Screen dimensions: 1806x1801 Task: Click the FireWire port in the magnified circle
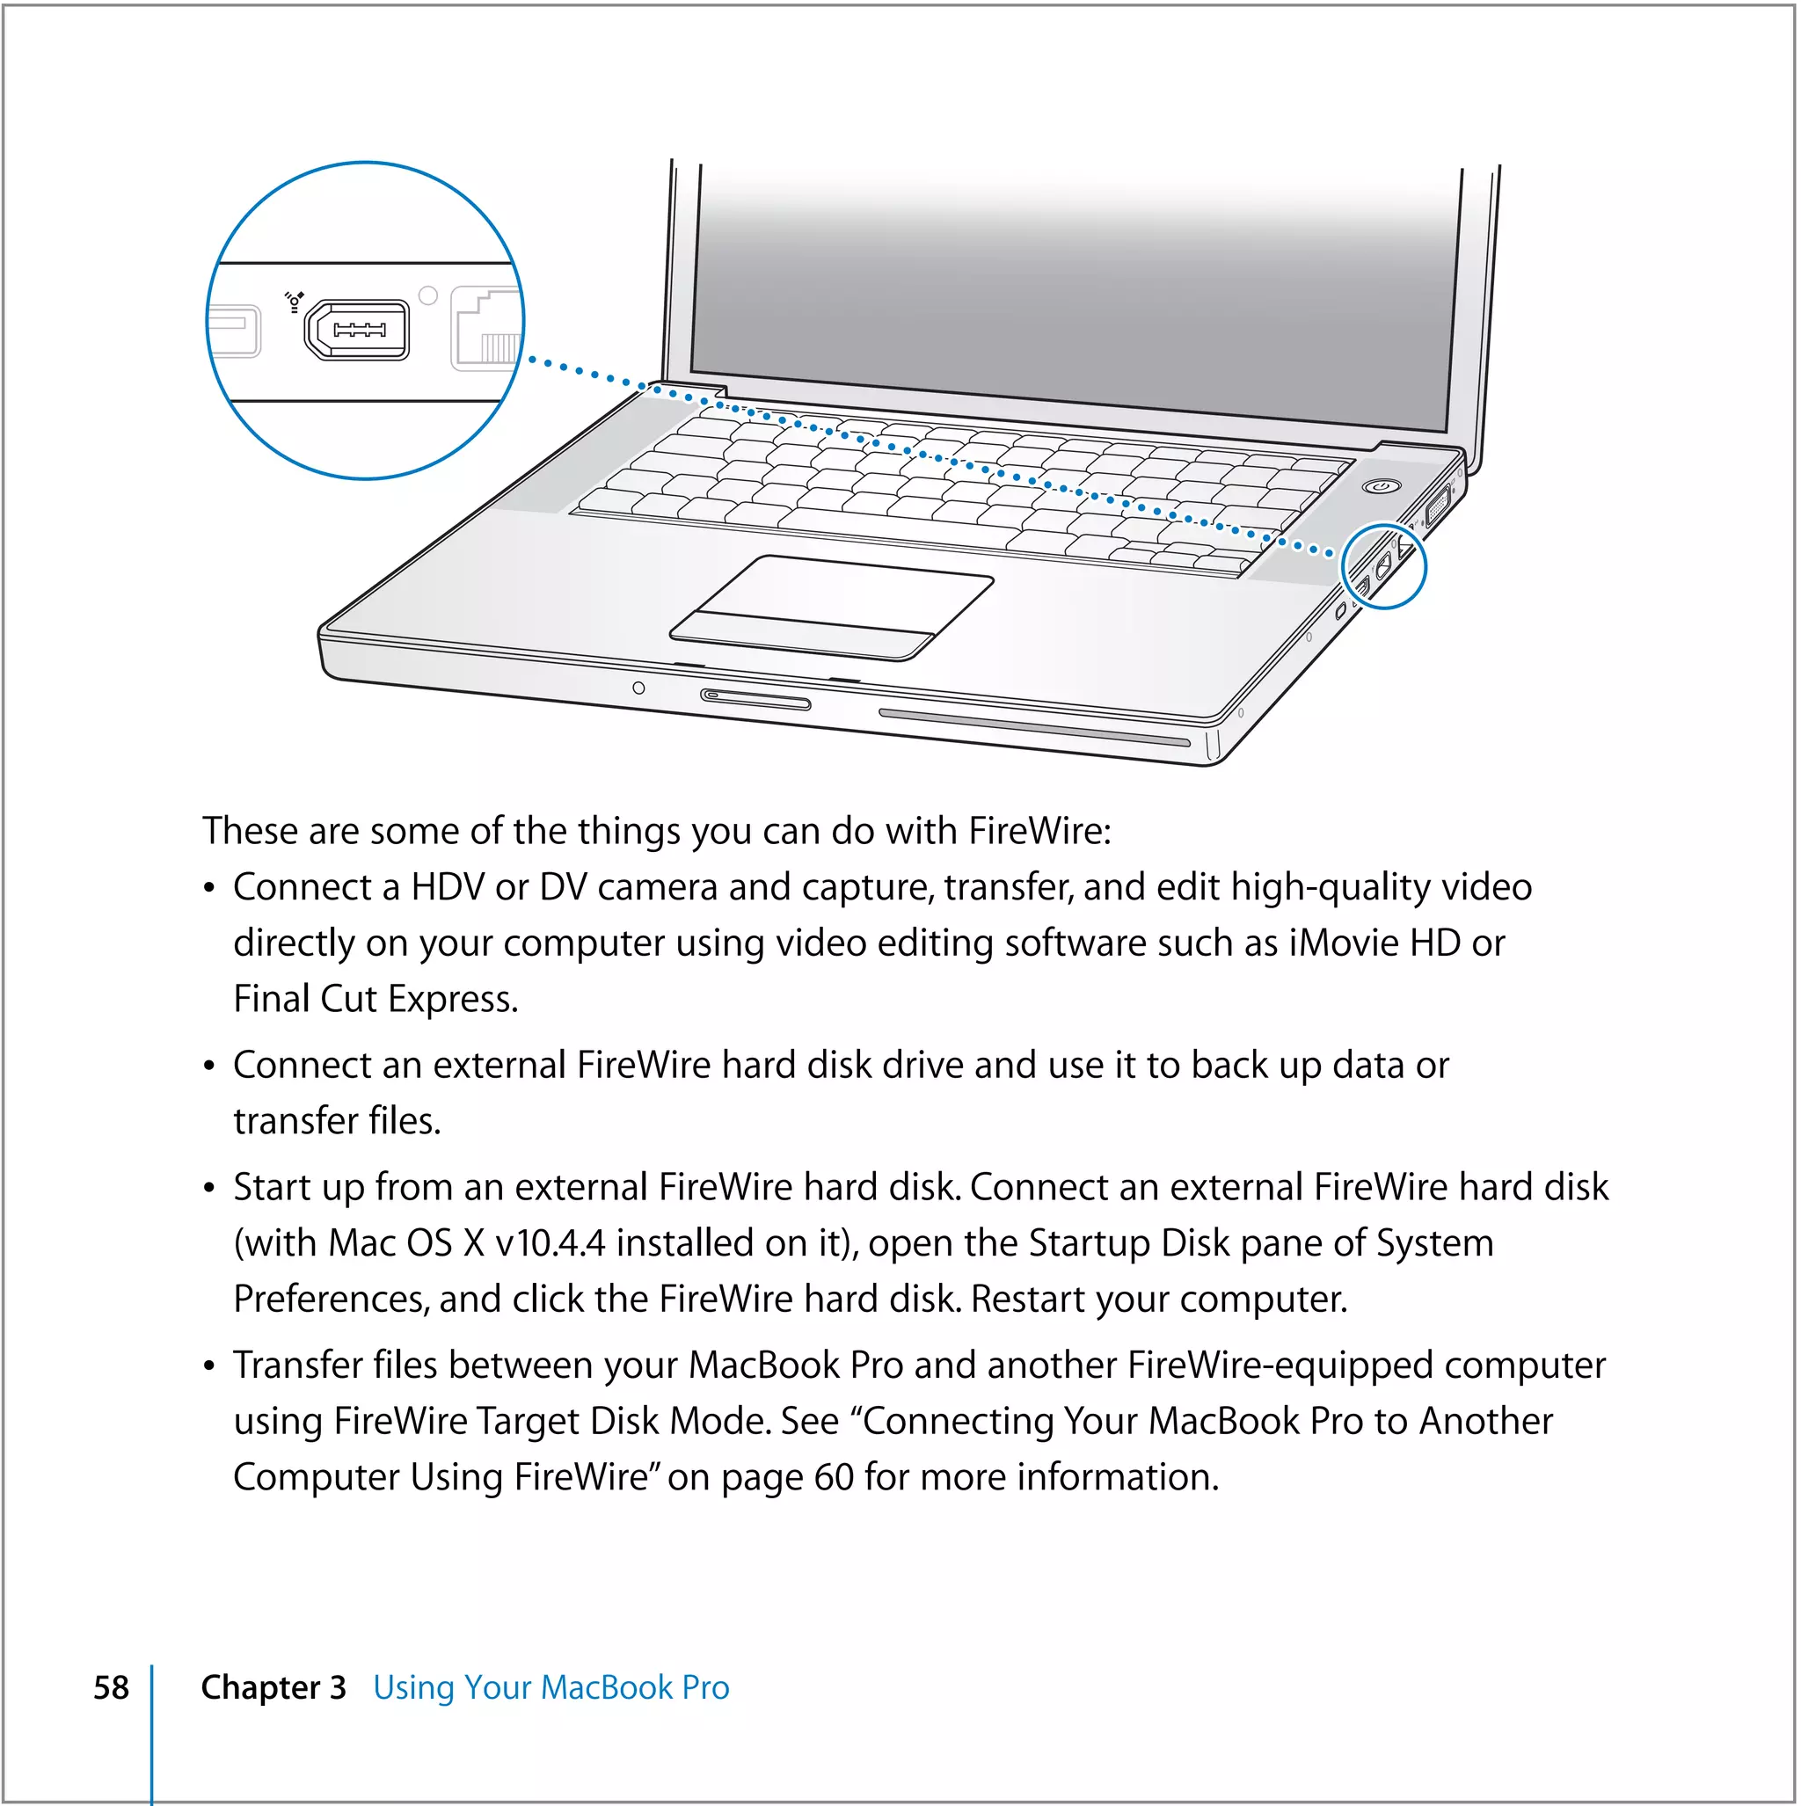coord(356,329)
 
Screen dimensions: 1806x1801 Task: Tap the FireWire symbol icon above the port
coord(295,300)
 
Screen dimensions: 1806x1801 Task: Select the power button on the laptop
coord(1382,486)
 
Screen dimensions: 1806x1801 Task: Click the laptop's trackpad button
coord(801,637)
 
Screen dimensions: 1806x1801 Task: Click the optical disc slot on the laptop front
coord(1033,727)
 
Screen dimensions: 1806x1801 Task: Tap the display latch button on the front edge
coord(755,699)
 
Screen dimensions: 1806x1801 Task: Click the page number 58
coord(112,1687)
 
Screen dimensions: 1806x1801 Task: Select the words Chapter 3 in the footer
coord(273,1687)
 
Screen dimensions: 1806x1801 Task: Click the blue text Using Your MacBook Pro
coord(551,1687)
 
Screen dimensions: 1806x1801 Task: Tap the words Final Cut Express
coord(375,1000)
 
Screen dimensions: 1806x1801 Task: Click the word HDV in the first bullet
coord(448,887)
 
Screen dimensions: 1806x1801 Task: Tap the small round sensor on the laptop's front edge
coord(638,688)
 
